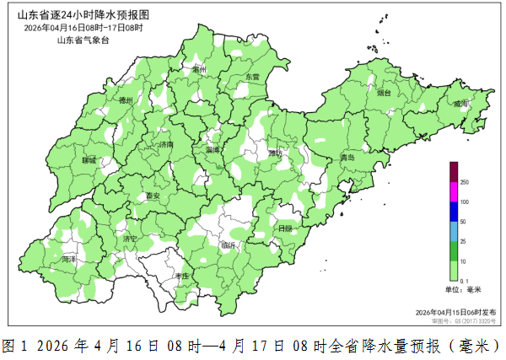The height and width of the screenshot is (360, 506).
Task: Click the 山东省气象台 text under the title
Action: tap(83, 39)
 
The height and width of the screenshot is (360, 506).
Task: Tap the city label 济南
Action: tap(165, 144)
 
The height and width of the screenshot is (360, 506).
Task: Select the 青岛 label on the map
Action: tap(347, 158)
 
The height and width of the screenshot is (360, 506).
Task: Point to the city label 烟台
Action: tap(384, 93)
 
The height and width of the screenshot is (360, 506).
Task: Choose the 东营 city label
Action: tap(252, 77)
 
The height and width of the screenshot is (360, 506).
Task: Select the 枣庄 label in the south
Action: tap(182, 276)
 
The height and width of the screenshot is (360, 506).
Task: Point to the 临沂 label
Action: tap(229, 245)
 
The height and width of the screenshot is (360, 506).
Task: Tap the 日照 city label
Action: tap(285, 228)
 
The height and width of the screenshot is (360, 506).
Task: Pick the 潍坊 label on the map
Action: tap(276, 153)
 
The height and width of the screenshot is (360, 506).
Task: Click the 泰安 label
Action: tap(153, 196)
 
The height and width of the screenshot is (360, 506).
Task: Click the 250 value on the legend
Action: tap(464, 182)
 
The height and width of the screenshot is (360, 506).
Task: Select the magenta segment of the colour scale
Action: tap(453, 192)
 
